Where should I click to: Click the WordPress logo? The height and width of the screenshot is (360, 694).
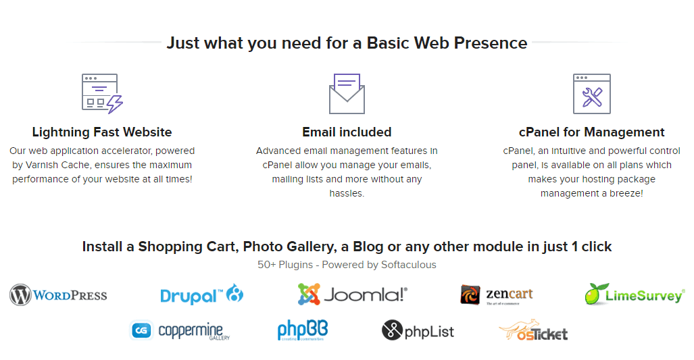(x=58, y=295)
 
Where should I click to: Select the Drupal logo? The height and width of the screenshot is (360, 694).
(x=202, y=294)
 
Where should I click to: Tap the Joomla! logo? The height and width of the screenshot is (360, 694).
(x=352, y=294)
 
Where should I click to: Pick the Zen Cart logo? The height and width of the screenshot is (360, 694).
(x=496, y=294)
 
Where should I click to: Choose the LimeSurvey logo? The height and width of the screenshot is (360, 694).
(x=635, y=294)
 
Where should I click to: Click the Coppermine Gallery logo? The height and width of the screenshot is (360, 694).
(x=180, y=330)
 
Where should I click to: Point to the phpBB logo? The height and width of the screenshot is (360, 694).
(x=303, y=330)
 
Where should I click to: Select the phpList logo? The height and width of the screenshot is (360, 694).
(x=418, y=330)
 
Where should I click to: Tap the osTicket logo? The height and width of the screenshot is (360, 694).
(x=533, y=330)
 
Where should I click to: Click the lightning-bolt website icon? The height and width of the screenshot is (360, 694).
(x=102, y=93)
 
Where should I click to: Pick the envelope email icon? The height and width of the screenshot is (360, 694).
(x=347, y=94)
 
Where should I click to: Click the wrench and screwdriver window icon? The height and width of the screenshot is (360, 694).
(x=592, y=94)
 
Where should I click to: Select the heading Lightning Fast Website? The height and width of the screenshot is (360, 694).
(x=102, y=132)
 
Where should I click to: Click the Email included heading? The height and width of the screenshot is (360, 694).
(x=347, y=132)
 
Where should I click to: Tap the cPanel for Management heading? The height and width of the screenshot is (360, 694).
(x=592, y=132)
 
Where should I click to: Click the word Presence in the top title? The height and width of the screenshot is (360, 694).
(x=491, y=43)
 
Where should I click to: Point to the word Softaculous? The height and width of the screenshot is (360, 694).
(x=409, y=265)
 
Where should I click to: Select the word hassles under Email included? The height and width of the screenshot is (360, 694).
(x=346, y=193)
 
